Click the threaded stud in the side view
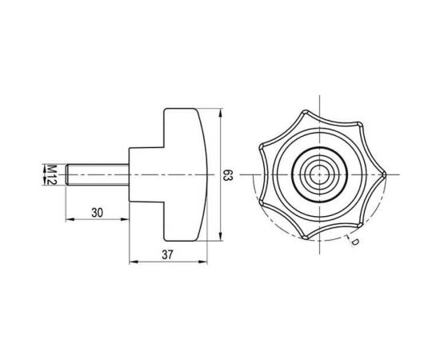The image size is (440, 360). pos(96,174)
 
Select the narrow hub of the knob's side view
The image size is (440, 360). pos(146,174)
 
